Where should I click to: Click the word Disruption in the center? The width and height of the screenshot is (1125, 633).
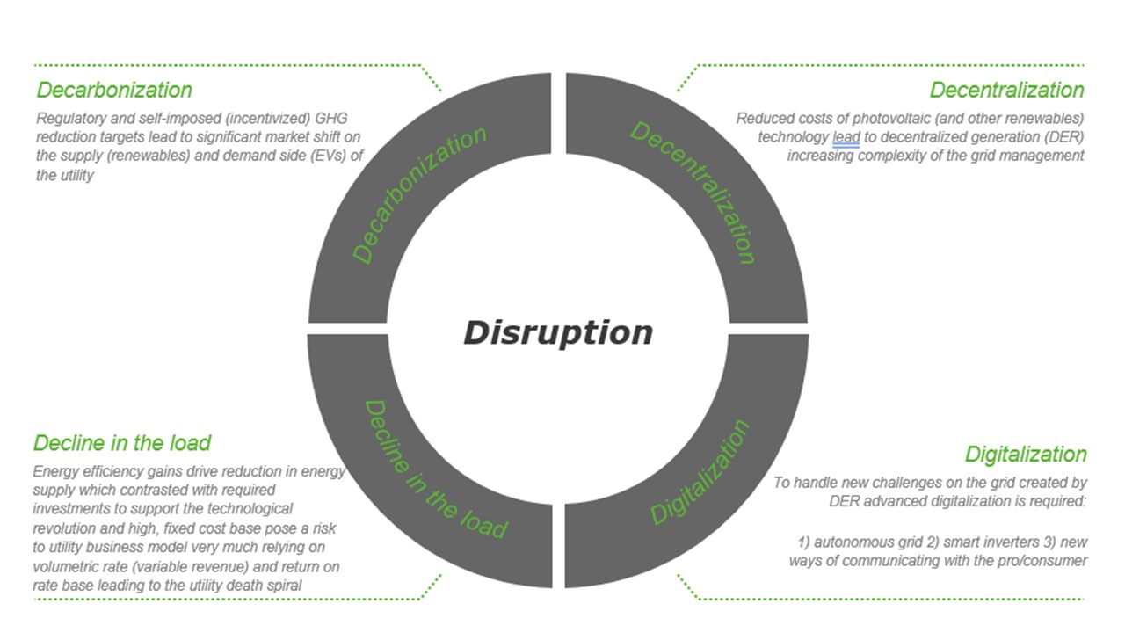558,333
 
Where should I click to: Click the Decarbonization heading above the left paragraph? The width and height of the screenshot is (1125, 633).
114,91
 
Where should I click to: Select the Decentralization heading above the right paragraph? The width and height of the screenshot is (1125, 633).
1006,91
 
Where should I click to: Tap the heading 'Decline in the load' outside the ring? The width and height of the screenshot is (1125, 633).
122,444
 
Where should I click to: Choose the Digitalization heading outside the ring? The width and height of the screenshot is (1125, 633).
1026,455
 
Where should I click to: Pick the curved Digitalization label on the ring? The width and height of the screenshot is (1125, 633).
700,472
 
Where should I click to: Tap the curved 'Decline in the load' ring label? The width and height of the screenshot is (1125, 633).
435,469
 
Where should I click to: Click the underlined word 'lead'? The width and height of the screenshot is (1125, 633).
846,137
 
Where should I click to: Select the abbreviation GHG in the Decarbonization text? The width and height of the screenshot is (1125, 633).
331,119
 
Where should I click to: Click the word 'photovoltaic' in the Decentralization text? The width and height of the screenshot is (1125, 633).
891,119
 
